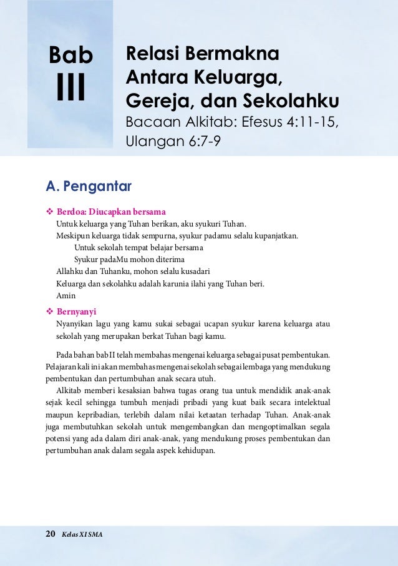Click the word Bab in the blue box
[70, 56]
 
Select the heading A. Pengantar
[88, 187]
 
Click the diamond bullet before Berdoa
[50, 211]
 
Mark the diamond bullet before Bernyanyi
[50, 311]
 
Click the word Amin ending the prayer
[66, 296]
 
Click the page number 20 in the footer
[51, 534]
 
